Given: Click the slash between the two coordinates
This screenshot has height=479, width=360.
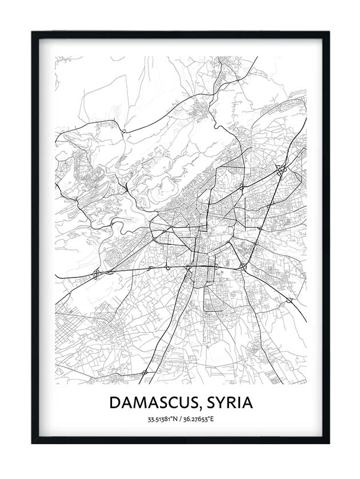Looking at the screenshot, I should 180,420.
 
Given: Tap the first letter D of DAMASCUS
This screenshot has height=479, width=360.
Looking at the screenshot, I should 114,402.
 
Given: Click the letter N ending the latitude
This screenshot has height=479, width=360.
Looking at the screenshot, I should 175,420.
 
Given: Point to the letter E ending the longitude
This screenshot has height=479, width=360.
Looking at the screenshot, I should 211,420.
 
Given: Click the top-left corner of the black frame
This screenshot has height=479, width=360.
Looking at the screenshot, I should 32,32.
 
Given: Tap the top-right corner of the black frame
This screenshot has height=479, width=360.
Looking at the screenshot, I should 329,32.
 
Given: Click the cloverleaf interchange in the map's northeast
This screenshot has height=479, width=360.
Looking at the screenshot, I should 280,169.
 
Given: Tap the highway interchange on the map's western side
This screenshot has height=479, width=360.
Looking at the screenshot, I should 96,273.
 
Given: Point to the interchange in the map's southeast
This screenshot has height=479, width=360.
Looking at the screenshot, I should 289,299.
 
